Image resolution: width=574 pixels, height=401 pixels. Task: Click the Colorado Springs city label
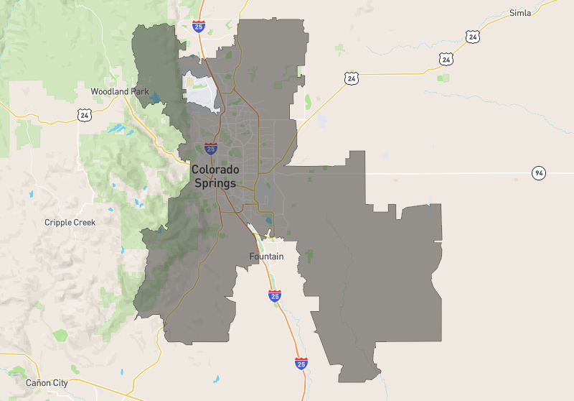tap(215, 176)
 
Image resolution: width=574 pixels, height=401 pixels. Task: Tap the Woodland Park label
tap(120, 91)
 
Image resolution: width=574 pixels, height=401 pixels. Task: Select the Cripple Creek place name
tap(70, 222)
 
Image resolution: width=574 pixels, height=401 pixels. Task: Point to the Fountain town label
tap(266, 257)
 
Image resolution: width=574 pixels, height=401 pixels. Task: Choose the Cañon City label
tap(47, 383)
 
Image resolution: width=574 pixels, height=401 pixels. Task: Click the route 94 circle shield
tap(538, 172)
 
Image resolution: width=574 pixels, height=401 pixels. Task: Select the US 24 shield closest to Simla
tap(471, 36)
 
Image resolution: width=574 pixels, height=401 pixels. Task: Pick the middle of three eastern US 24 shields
tap(446, 59)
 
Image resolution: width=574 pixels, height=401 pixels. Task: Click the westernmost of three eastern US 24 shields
tap(351, 78)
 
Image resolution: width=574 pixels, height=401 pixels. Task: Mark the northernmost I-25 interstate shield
tap(199, 27)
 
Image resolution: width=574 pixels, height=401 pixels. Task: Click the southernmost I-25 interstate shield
tap(301, 364)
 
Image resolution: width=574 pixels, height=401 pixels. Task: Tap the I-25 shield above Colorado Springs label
tap(210, 149)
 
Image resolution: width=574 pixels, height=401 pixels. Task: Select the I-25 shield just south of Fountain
tap(274, 295)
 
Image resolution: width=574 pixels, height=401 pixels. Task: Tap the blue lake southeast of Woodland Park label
tap(115, 129)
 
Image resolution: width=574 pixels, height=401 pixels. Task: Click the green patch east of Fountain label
tap(310, 255)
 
